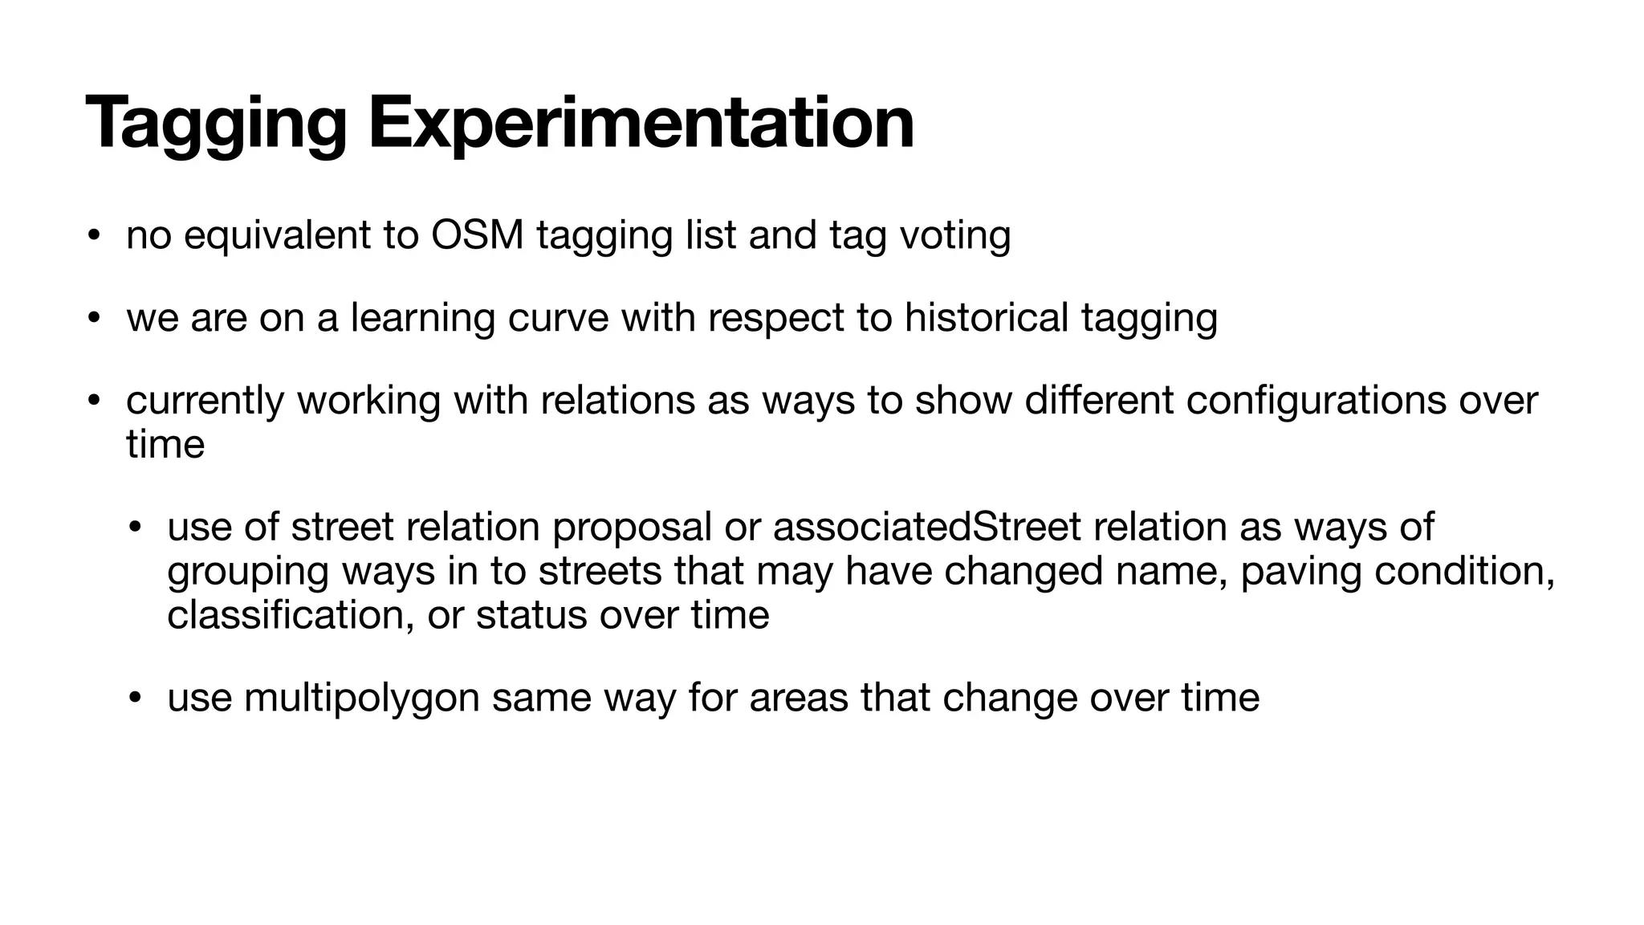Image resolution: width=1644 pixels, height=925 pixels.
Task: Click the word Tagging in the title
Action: point(215,124)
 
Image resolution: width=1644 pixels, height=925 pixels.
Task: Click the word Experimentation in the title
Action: point(641,124)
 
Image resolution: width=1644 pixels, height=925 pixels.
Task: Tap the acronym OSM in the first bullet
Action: point(477,235)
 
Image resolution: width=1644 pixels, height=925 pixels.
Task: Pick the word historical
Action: point(986,318)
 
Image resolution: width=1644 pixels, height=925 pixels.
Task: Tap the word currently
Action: point(205,401)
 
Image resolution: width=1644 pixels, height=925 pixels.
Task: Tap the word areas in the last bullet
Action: point(798,697)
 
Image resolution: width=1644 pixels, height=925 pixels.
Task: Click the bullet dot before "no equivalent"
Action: point(94,236)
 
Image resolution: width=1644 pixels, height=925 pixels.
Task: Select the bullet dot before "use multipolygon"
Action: point(135,697)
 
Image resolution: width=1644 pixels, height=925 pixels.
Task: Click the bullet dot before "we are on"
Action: point(94,319)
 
